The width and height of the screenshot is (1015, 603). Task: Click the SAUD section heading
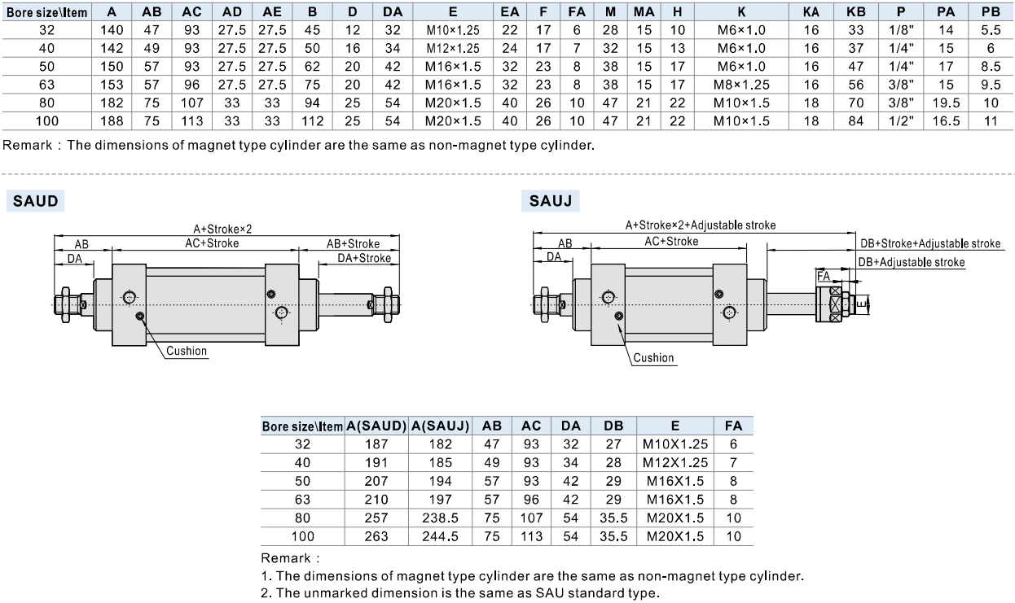(35, 201)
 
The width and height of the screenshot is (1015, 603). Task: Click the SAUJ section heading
(551, 201)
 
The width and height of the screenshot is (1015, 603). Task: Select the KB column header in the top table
(855, 12)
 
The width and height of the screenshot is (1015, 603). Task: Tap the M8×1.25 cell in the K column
(741, 85)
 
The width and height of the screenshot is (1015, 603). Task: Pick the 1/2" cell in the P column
(901, 121)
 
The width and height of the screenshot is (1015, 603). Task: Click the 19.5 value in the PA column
(946, 103)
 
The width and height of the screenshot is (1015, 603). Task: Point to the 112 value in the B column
(312, 121)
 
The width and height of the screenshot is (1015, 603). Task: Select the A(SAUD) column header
(376, 426)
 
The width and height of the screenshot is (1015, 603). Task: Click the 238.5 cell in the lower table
(440, 518)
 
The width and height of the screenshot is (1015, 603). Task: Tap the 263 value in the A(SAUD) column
(376, 536)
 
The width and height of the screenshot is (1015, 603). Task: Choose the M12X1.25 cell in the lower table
(675, 463)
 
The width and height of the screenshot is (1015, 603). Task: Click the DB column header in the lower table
(613, 426)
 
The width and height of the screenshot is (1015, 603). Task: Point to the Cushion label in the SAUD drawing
(187, 351)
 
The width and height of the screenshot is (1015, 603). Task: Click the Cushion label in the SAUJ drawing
(653, 358)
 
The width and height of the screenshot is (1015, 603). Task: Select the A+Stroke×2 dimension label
(222, 229)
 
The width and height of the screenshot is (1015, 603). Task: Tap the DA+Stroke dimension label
(364, 259)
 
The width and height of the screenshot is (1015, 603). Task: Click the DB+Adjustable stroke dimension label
(912, 263)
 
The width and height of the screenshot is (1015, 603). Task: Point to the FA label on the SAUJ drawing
(824, 276)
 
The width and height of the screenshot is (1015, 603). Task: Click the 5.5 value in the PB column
(991, 30)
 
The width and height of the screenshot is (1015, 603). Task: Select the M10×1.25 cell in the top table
(453, 30)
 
